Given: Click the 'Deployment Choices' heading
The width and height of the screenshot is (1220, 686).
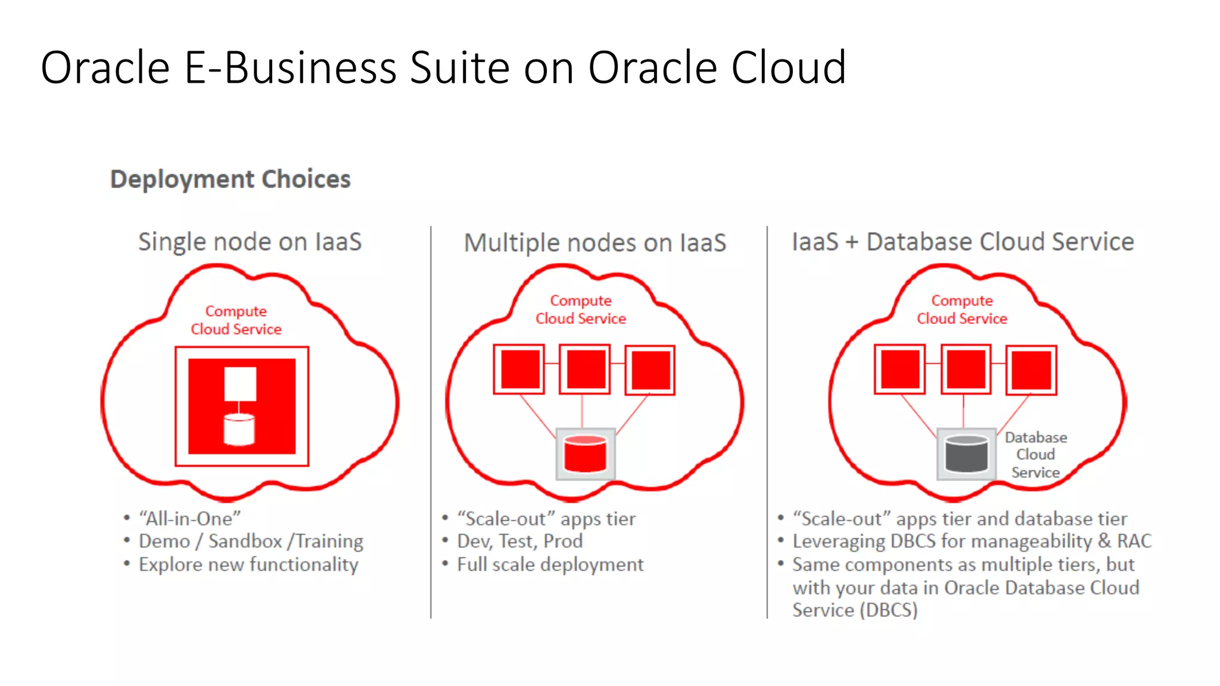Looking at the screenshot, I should (230, 179).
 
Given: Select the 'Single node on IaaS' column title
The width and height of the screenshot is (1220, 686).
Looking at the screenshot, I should (250, 242).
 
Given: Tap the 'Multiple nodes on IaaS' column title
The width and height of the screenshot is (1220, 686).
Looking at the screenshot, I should (595, 243).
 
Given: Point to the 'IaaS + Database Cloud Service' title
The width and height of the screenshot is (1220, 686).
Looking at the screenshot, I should (962, 242).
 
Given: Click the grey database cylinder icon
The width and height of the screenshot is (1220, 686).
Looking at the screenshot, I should (966, 454).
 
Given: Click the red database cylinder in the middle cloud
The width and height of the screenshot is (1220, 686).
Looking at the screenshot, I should (585, 454).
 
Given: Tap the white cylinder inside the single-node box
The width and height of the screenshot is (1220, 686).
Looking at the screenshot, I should (239, 429).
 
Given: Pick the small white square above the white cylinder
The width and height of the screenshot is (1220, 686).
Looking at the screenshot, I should (240, 383).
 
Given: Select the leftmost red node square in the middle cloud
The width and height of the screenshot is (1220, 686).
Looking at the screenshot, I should (519, 369).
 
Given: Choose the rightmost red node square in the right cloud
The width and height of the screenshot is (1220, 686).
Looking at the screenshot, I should (1031, 370).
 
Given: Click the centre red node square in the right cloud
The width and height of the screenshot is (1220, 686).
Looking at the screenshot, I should (966, 369).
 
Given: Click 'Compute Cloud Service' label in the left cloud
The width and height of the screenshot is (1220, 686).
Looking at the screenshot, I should (236, 320).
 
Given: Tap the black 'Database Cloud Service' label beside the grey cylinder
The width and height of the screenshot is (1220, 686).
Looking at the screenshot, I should (1035, 455).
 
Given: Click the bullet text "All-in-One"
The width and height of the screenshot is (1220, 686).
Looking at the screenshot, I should (189, 519).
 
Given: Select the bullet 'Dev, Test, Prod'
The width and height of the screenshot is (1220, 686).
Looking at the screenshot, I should (519, 541).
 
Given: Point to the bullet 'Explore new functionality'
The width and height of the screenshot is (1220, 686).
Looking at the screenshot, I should (248, 565).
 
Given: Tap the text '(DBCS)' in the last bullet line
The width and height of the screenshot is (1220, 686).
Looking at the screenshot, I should (889, 610).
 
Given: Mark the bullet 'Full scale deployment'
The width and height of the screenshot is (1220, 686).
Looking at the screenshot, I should (550, 565).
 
